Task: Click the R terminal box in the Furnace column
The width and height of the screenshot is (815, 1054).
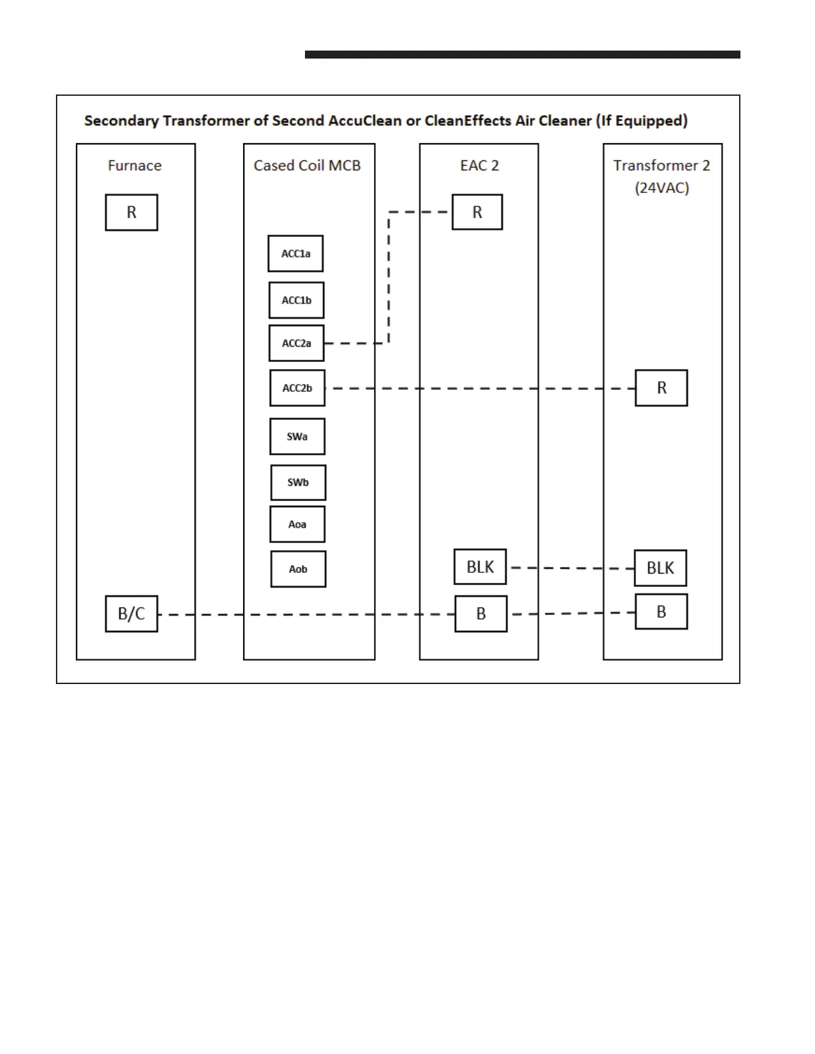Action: [x=131, y=212]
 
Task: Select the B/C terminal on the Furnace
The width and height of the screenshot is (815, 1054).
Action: [x=131, y=614]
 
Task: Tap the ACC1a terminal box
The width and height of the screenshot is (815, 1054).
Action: [x=296, y=254]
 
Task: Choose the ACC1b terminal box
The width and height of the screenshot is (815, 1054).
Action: [x=296, y=300]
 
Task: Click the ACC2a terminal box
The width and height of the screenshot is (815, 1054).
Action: [x=296, y=343]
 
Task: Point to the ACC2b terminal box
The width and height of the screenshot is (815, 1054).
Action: [x=297, y=388]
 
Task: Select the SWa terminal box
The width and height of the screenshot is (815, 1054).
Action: [x=297, y=437]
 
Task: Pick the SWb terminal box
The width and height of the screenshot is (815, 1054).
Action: [x=298, y=482]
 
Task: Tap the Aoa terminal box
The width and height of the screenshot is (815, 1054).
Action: [x=297, y=524]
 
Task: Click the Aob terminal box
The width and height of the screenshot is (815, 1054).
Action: [x=298, y=569]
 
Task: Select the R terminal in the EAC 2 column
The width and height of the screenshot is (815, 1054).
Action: [x=477, y=212]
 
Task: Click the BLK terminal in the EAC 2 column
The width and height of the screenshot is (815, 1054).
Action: [x=480, y=567]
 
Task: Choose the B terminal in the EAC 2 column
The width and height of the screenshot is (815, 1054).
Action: [x=481, y=614]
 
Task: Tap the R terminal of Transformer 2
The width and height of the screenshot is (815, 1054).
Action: [x=661, y=388]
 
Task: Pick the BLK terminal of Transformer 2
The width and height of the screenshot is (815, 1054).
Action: [x=660, y=568]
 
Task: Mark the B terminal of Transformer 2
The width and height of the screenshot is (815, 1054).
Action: [x=661, y=612]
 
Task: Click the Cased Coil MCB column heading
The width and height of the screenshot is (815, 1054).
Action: [x=307, y=166]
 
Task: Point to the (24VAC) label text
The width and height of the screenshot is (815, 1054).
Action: [x=662, y=188]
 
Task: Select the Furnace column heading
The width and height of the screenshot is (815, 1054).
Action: [x=135, y=166]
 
